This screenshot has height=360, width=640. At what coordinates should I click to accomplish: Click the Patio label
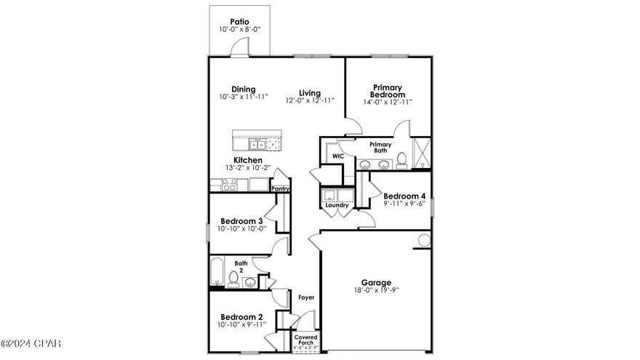click(239, 22)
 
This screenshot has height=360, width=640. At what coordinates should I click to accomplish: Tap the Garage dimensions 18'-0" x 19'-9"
click(376, 291)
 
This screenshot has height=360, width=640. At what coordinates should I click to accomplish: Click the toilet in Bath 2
click(234, 277)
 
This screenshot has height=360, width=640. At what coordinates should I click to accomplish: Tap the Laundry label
click(337, 205)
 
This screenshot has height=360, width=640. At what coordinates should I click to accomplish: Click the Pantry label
click(281, 189)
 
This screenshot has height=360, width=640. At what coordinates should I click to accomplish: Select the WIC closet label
click(337, 156)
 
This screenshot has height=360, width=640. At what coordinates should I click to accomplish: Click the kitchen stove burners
click(229, 185)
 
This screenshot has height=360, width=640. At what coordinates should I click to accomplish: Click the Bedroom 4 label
click(404, 196)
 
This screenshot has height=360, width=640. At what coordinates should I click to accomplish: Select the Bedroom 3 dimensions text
click(243, 229)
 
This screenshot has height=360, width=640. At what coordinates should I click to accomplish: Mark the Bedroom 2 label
click(242, 317)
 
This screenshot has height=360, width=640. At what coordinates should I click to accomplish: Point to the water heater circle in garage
click(423, 241)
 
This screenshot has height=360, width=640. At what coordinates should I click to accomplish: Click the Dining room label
click(244, 89)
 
